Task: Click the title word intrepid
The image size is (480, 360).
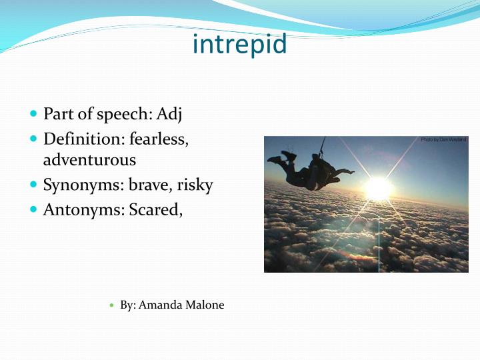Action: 239,44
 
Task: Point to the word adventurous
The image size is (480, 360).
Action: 89,160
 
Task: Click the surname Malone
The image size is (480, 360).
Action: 205,305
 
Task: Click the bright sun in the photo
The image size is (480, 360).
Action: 378,188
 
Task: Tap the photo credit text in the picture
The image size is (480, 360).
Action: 443,140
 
